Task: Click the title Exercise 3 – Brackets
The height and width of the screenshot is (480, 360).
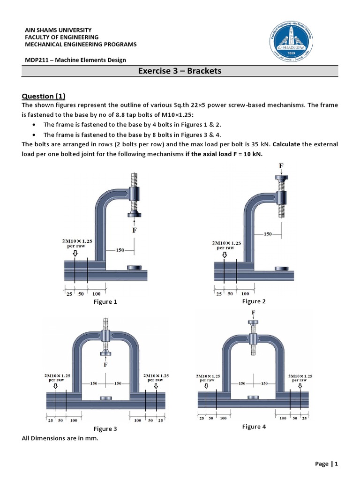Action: tap(180, 71)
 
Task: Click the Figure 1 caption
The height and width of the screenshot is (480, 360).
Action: tap(105, 302)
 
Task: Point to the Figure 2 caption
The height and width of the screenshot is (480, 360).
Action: tap(254, 301)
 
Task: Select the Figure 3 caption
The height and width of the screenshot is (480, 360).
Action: tap(105, 429)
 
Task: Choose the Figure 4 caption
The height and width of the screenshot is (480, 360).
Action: tap(254, 427)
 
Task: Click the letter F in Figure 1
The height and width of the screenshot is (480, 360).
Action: tap(134, 230)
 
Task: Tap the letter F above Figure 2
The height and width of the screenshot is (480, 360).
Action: tap(281, 166)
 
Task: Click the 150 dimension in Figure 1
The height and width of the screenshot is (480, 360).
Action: tap(120, 250)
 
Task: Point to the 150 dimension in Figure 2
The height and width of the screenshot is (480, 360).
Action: tap(268, 233)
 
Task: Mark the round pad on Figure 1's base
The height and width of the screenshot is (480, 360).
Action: tap(134, 268)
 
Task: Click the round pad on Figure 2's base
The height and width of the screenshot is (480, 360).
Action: tap(281, 269)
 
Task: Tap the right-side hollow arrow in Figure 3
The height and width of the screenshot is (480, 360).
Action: tap(155, 386)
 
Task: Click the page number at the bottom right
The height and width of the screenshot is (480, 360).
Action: tap(326, 464)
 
